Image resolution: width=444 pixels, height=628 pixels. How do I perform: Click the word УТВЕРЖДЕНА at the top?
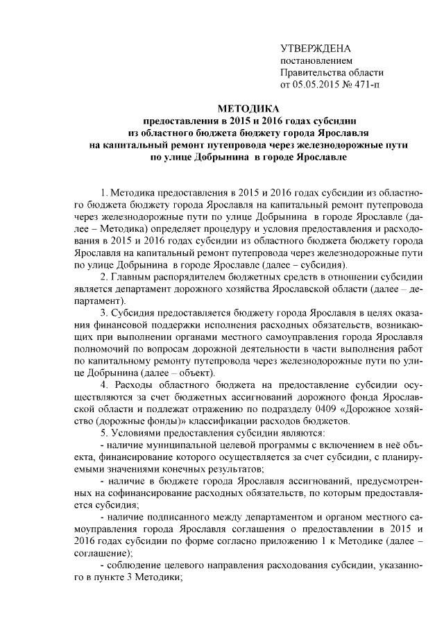(x=316, y=48)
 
